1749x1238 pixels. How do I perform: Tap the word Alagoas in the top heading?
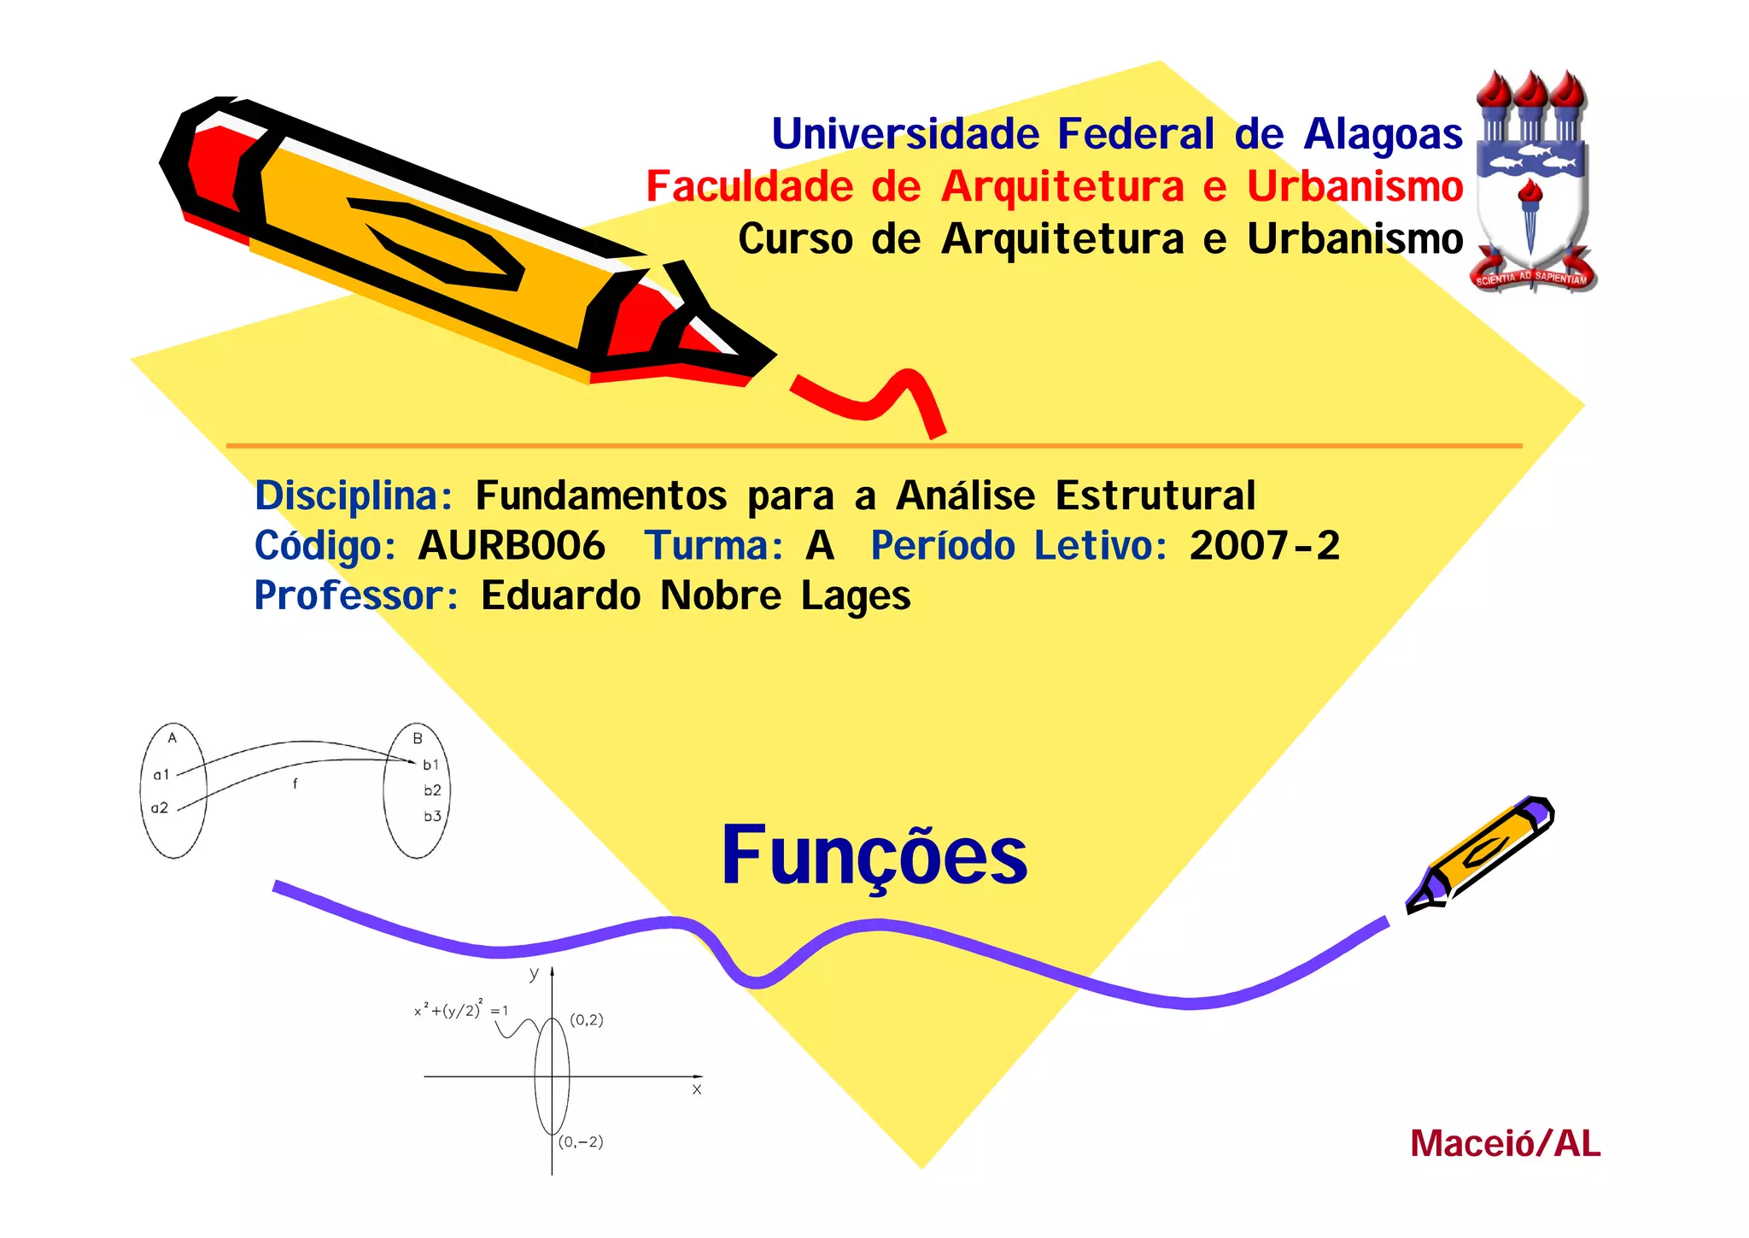[x=1383, y=135]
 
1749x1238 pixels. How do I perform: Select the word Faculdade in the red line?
[x=749, y=187]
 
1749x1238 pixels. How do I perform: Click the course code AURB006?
[x=512, y=546]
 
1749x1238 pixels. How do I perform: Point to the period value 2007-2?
[x=1265, y=546]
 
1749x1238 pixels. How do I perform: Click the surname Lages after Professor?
[x=856, y=596]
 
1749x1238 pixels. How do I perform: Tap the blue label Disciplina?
[x=354, y=496]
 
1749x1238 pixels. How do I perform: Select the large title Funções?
[x=874, y=856]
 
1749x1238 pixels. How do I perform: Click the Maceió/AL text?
[x=1505, y=1144]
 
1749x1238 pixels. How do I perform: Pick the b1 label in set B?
[x=430, y=765]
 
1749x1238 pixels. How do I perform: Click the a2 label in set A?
[x=160, y=807]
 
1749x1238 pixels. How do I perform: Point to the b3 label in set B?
[x=432, y=816]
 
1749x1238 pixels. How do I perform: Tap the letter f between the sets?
[x=295, y=783]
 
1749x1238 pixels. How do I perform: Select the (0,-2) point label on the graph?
[x=582, y=1142]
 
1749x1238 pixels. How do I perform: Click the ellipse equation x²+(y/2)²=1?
[x=461, y=1010]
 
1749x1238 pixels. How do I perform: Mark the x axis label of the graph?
[x=697, y=1089]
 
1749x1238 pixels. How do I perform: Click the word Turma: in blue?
[x=714, y=546]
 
